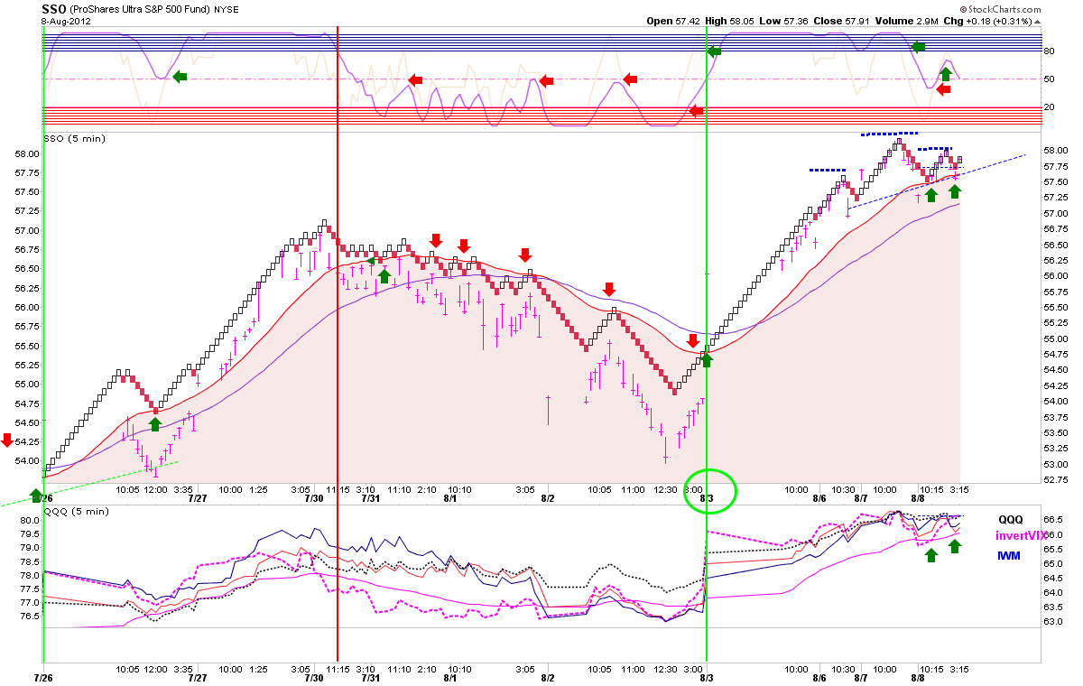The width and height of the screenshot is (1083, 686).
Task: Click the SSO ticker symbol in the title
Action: (x=53, y=9)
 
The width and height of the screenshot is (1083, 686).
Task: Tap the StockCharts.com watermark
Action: (x=1000, y=9)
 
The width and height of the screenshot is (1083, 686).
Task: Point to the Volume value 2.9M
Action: (x=926, y=22)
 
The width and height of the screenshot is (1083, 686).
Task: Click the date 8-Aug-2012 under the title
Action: (x=66, y=22)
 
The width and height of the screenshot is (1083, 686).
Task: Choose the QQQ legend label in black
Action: (x=1010, y=520)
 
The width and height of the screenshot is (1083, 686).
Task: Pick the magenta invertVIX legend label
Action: (x=1019, y=535)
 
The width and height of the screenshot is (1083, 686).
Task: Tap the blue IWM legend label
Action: (x=1008, y=556)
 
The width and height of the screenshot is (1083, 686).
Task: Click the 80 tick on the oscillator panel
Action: (x=1049, y=51)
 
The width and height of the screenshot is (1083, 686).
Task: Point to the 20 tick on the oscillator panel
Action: (x=1049, y=107)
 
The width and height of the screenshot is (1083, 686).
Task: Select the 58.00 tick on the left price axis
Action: (x=27, y=153)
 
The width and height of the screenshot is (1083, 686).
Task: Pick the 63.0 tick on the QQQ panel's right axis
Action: (x=1052, y=621)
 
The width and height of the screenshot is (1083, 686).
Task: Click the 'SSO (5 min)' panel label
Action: (x=74, y=139)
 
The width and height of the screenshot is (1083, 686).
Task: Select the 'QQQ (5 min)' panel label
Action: (x=77, y=512)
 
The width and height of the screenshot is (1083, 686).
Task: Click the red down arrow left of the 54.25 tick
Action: (x=7, y=440)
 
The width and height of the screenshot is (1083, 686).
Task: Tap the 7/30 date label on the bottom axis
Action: (x=314, y=677)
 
